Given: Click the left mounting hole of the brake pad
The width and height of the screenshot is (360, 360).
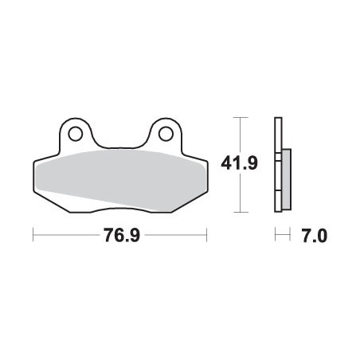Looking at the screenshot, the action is click(x=75, y=134).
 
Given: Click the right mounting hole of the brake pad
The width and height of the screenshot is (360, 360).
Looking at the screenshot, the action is click(x=166, y=134).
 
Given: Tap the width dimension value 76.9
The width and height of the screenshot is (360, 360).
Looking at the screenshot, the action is click(x=122, y=235).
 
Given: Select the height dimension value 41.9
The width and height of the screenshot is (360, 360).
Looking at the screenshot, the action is click(x=239, y=163).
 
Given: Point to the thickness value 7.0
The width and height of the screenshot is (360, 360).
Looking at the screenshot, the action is click(x=315, y=236).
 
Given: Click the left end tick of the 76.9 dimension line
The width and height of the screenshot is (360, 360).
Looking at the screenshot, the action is click(x=33, y=234).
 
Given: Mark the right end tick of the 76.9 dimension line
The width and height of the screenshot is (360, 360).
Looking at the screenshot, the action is click(x=206, y=234).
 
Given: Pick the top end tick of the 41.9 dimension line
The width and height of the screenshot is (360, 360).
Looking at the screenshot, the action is click(x=241, y=117).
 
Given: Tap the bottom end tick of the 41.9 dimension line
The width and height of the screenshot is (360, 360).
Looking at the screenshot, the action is click(x=241, y=212).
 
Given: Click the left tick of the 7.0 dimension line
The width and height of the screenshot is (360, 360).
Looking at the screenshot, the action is click(x=276, y=234).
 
